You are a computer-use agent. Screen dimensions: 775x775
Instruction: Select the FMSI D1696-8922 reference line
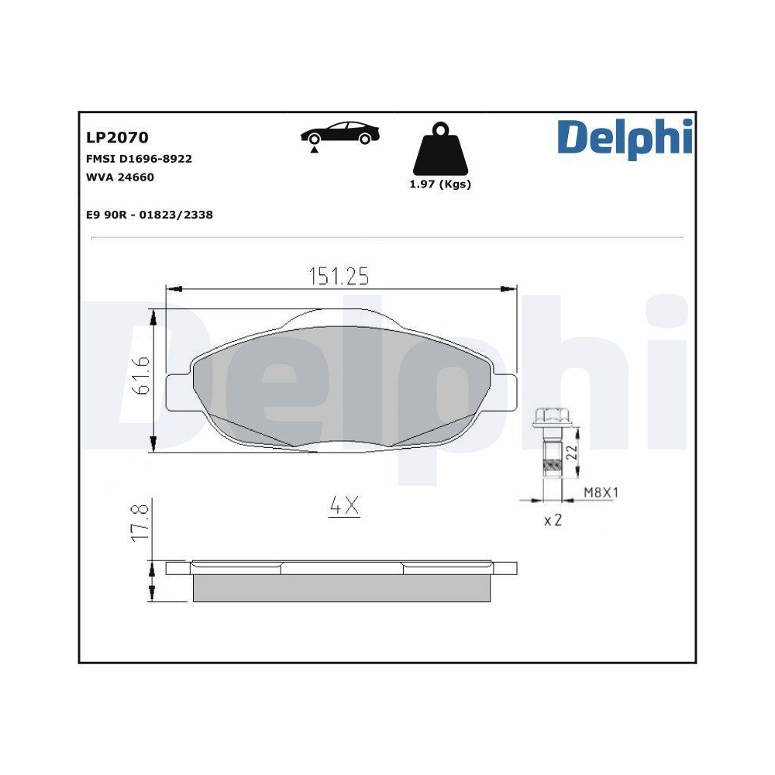139,159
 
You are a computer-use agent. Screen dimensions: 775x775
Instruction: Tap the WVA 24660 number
120,177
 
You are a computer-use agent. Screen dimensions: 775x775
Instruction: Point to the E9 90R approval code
150,215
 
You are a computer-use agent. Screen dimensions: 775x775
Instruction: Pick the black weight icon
440,150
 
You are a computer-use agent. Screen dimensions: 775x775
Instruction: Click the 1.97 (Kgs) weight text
439,184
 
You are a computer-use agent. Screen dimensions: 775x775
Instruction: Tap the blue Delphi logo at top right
624,137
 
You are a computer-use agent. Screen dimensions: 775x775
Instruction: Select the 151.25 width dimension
339,277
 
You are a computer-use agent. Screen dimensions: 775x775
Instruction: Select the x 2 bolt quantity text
553,520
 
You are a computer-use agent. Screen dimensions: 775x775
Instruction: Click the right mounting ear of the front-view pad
505,391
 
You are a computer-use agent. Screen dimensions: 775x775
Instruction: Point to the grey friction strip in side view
341,588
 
